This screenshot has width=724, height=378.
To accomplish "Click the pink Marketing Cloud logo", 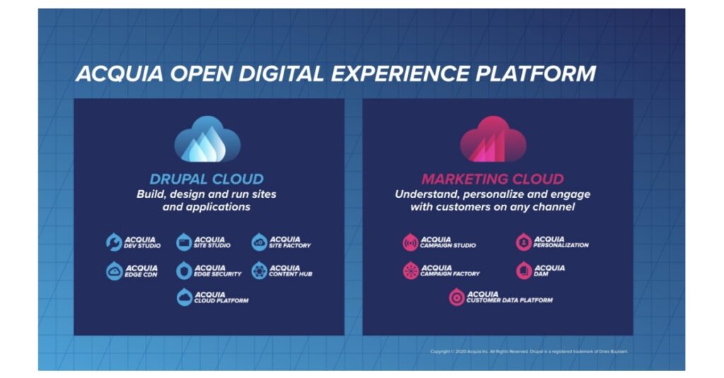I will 493,140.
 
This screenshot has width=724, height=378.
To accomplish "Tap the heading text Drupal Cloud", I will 206,179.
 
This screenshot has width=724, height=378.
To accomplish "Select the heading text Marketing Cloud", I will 493,179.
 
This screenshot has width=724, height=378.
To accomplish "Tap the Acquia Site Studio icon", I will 184,242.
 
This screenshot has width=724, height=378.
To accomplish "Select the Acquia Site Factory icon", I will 259,242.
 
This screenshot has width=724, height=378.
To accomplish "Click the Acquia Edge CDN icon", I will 115,271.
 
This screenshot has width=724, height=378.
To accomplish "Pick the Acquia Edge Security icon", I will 184,271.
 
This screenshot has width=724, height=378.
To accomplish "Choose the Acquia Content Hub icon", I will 259,271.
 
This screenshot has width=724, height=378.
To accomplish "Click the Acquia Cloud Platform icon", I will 185,297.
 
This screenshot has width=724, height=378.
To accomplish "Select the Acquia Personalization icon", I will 523,242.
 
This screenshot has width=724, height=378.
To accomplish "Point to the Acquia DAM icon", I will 523,271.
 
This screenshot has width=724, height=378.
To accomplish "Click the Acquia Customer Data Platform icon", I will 457,297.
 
